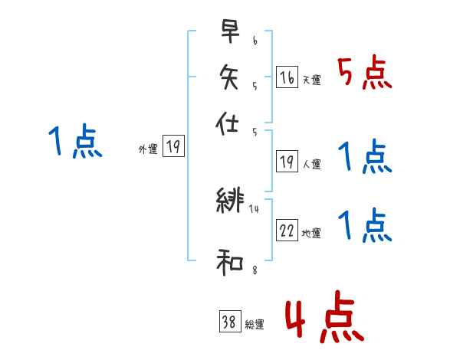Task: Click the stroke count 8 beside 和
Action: tap(255, 269)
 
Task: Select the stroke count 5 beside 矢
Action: tap(255, 87)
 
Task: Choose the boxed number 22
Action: tap(287, 231)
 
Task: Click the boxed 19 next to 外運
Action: tap(174, 147)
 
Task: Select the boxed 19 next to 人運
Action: tap(287, 161)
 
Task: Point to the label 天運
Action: tap(312, 80)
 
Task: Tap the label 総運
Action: tap(255, 326)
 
